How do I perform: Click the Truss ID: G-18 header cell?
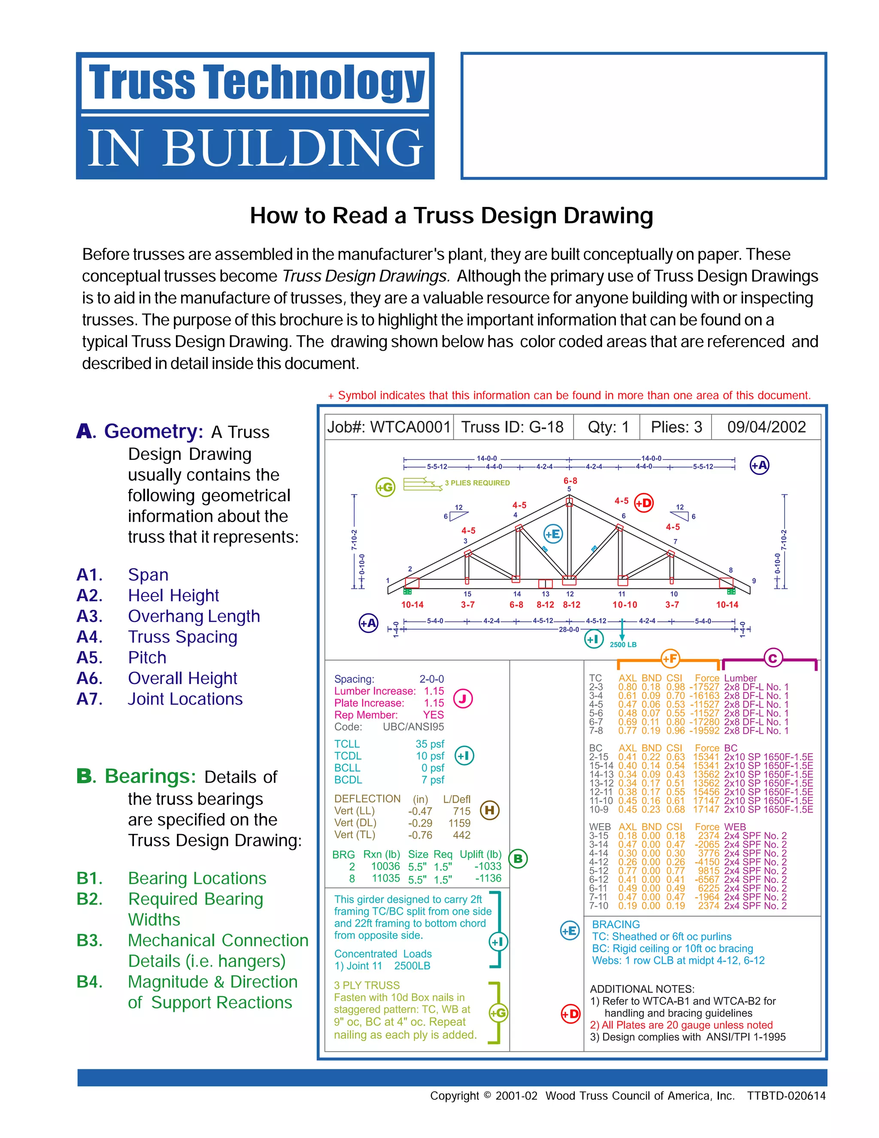512,427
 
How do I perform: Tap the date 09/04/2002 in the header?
766,427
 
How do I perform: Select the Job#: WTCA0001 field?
388,427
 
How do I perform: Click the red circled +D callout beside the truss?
644,503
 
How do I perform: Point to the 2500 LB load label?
623,645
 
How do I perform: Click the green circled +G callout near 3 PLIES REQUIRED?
385,487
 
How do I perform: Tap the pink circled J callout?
463,698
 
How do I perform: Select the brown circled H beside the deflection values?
489,810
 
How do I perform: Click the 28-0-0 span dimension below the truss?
569,630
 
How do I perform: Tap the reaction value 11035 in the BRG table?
385,878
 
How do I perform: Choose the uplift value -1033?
488,866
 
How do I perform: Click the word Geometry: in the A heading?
153,432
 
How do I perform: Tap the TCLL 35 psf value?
430,744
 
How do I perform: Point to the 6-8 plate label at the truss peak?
570,481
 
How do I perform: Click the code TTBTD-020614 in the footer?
786,1096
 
